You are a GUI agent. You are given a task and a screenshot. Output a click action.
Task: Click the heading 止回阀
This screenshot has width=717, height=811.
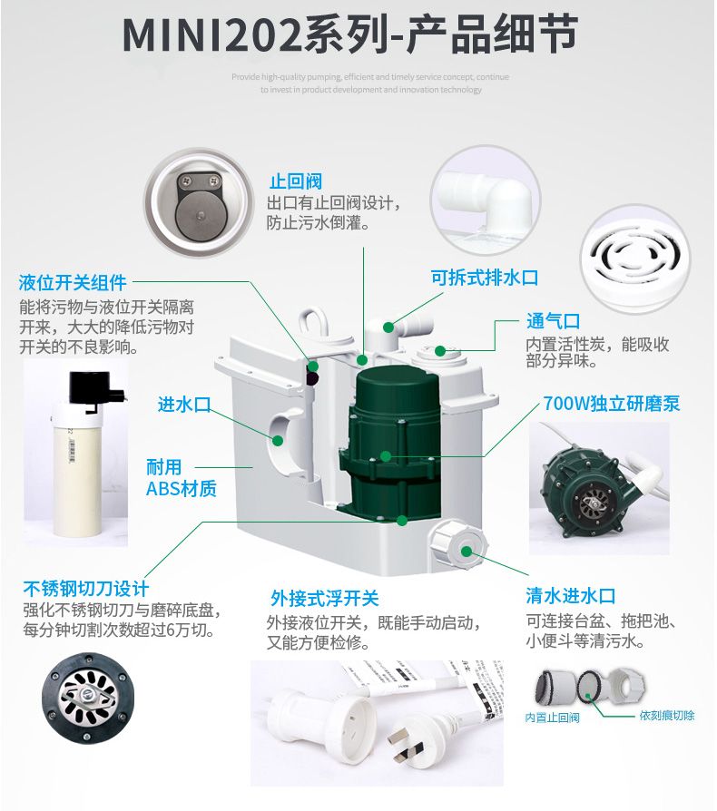[295, 181]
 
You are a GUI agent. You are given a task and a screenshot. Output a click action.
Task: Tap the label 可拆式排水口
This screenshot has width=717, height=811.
[484, 278]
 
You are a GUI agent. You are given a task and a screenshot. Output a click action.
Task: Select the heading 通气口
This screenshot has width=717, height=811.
[553, 321]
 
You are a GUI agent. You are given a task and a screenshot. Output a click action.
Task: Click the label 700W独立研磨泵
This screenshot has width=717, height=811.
[611, 404]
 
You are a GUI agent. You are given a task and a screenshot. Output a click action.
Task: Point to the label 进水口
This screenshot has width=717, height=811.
[184, 405]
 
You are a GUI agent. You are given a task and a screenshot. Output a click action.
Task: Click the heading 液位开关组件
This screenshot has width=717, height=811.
[73, 282]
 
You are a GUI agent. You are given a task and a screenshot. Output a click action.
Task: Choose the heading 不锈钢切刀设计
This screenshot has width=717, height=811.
[85, 588]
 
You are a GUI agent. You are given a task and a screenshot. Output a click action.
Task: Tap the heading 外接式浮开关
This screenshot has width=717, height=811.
[324, 599]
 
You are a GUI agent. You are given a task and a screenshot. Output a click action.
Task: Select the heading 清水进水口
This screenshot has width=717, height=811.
[571, 596]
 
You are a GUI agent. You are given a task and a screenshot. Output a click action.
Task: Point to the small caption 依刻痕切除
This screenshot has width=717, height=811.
[667, 716]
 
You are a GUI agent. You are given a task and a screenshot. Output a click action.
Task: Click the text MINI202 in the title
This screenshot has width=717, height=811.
[211, 36]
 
